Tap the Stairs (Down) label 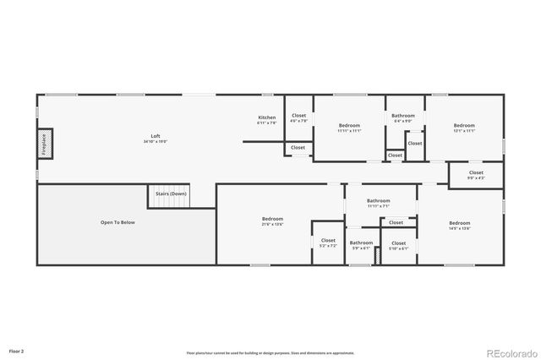(x=171, y=194)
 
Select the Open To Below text (x=117, y=222)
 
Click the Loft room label (x=155, y=139)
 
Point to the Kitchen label (x=266, y=119)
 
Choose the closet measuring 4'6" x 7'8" (x=298, y=117)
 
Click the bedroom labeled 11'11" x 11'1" (x=349, y=128)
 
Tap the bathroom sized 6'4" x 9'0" (x=402, y=117)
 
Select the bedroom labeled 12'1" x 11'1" (x=463, y=128)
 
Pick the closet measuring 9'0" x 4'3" (x=477, y=175)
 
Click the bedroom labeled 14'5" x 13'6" (x=459, y=226)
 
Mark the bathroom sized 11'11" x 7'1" (x=378, y=203)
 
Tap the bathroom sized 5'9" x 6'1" (x=361, y=245)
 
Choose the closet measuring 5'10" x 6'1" (x=398, y=245)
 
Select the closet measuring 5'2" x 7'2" (x=327, y=243)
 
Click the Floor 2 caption (x=17, y=350)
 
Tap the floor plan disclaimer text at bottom (x=270, y=352)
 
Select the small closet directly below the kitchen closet (x=298, y=148)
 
